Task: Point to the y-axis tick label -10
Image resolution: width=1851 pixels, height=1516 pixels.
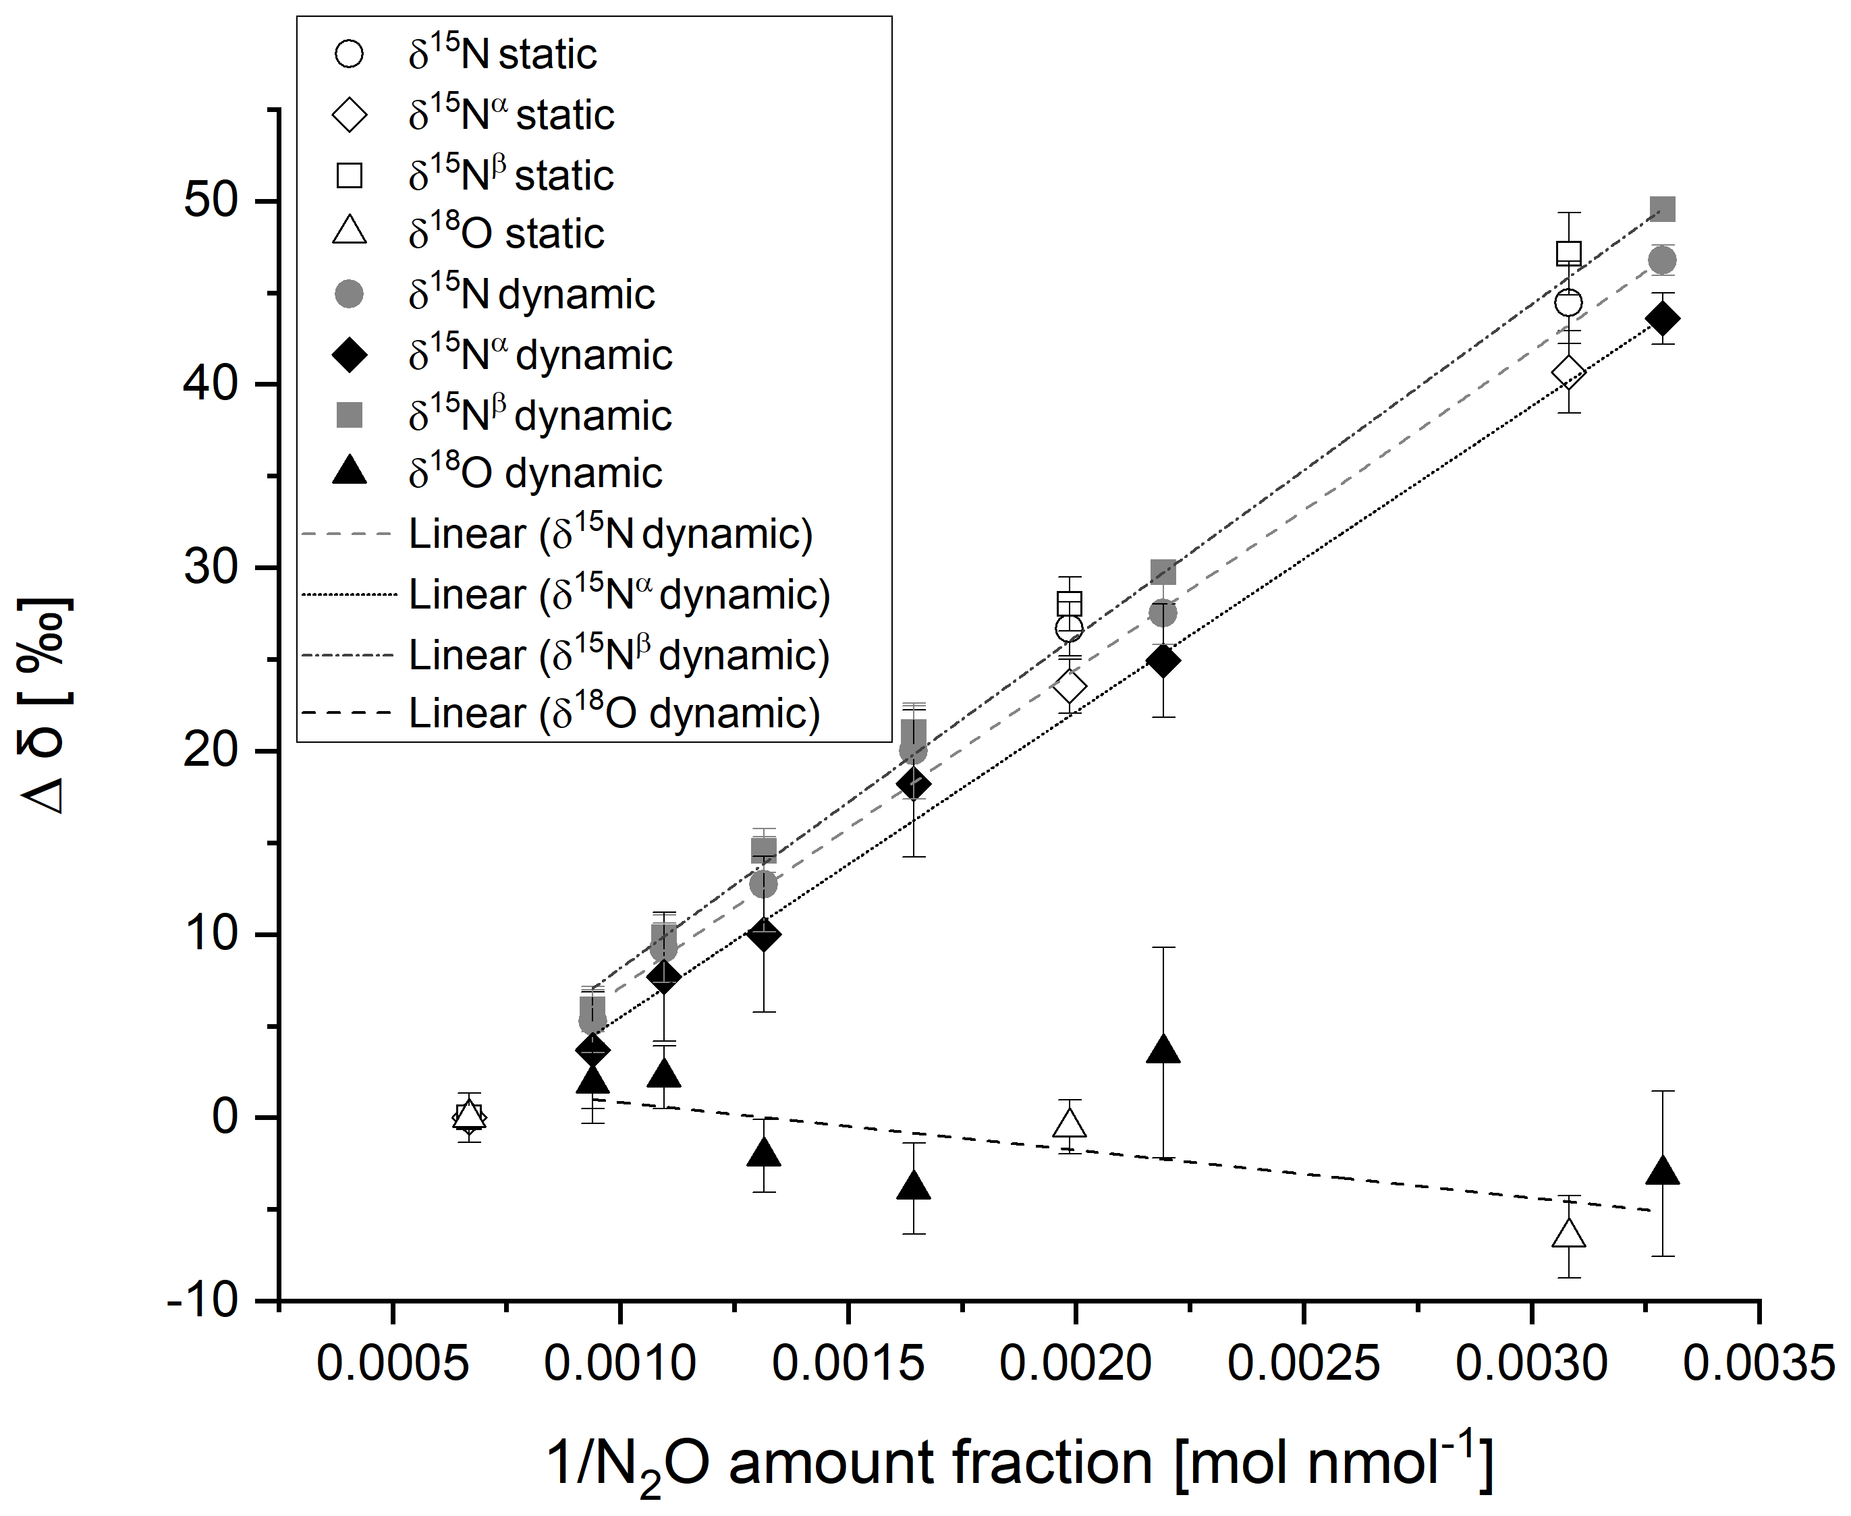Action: [202, 1302]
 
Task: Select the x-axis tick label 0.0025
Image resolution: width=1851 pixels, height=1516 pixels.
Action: [1302, 1363]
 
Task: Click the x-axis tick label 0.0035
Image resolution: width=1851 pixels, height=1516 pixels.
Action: [1759, 1363]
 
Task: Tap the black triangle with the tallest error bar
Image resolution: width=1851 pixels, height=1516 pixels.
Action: [1163, 1050]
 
